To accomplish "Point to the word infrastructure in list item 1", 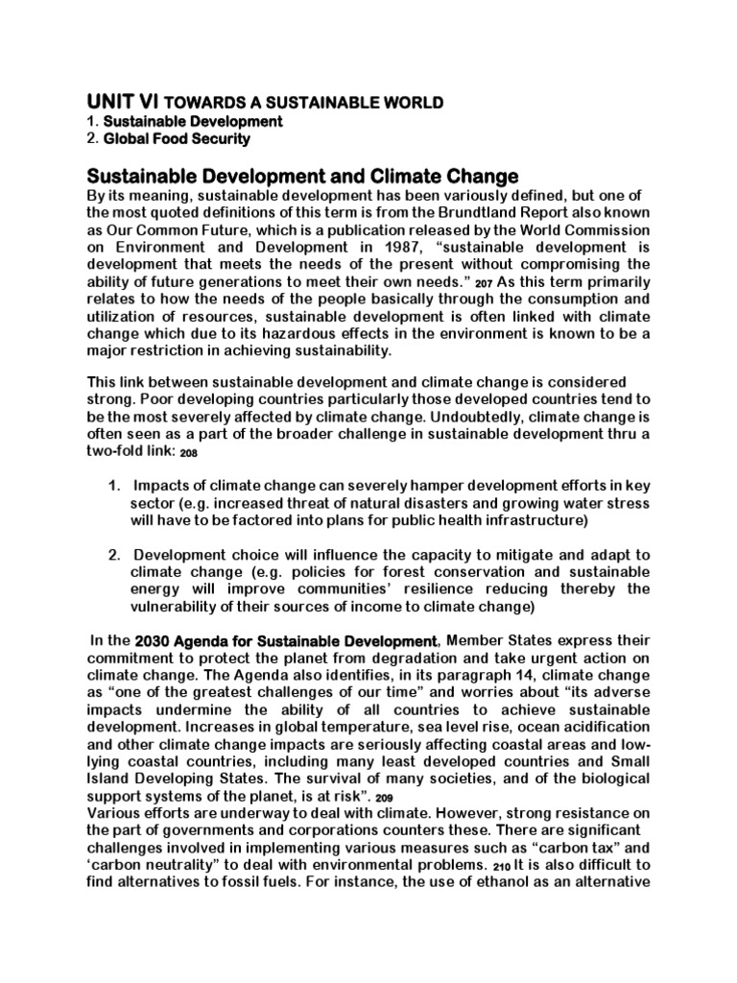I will [517, 519].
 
